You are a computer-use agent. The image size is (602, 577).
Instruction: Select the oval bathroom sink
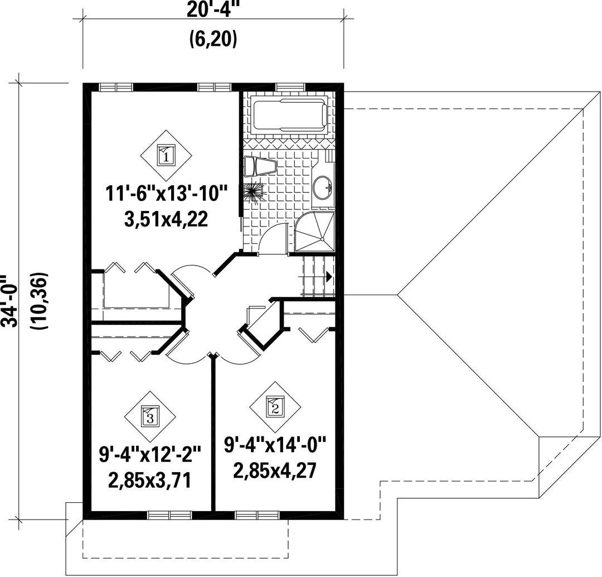tap(322, 187)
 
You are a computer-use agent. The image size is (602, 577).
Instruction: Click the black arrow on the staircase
tap(329, 276)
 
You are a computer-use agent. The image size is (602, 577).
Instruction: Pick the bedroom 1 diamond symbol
tap(166, 156)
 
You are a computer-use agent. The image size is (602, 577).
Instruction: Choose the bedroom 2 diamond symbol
tap(275, 408)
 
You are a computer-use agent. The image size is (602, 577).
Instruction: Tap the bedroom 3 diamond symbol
tap(150, 417)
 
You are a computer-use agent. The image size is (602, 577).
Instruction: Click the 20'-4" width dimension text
tap(212, 10)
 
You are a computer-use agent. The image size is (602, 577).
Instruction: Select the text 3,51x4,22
tap(166, 219)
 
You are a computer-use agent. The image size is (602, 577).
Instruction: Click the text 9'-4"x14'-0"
tap(275, 445)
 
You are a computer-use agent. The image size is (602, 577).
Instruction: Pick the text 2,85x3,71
tap(149, 480)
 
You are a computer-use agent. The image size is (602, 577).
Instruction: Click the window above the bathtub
tap(292, 87)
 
